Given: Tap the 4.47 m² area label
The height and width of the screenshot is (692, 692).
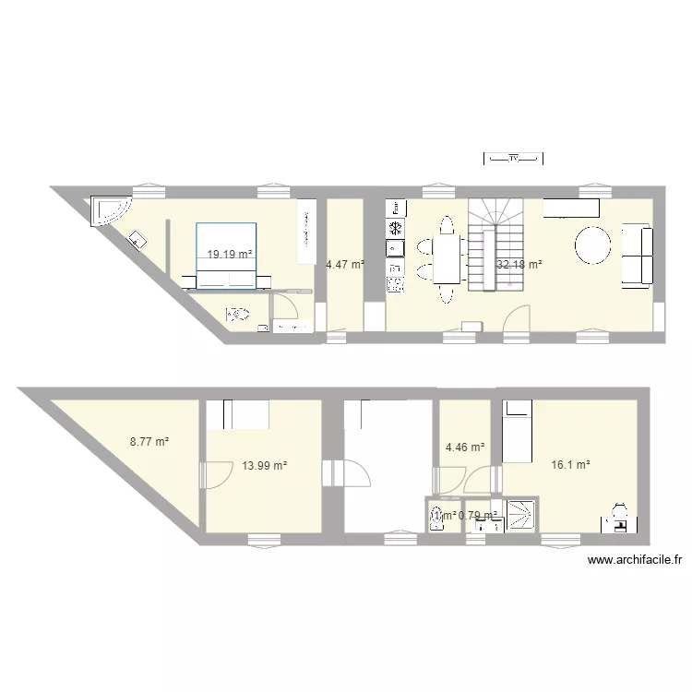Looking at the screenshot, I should (345, 265).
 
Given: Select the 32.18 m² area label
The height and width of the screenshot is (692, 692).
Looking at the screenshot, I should (519, 265).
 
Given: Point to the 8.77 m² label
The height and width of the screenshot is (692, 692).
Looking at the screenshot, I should (149, 442).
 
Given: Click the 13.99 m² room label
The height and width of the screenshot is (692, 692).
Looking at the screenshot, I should (265, 466).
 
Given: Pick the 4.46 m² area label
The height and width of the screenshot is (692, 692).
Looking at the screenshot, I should (465, 448).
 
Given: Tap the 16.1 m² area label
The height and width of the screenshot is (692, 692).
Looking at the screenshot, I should (570, 466).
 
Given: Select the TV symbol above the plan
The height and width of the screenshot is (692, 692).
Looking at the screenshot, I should (514, 160).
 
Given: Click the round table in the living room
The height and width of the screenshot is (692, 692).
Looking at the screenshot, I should (592, 245).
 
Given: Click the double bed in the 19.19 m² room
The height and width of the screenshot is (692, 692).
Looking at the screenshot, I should (227, 254).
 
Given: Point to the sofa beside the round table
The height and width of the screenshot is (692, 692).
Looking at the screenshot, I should (638, 254).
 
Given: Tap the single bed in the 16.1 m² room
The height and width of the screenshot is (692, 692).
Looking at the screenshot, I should (517, 431).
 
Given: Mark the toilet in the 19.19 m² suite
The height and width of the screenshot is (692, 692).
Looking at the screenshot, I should (238, 315).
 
